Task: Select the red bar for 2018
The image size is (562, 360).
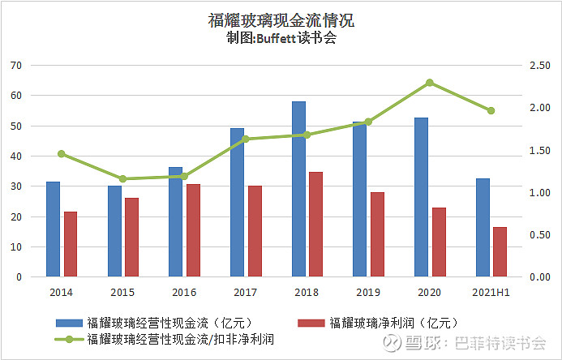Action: coord(316,225)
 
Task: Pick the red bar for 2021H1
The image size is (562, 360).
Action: coord(500,252)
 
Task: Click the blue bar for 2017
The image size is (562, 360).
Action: coord(237,203)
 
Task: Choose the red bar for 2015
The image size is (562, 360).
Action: coord(131,238)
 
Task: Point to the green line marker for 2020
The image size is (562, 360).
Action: coord(430,83)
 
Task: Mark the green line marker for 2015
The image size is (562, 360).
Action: coord(122,178)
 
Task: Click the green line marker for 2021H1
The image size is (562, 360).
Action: coord(491,110)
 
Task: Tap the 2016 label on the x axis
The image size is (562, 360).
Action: coord(184,292)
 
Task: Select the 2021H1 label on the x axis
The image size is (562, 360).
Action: coord(491,292)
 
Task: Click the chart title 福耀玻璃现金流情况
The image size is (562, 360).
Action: coord(281,20)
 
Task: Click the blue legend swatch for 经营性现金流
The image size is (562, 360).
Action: coord(68,324)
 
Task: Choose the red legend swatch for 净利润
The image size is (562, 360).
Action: coord(311,324)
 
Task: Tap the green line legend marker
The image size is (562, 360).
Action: coord(68,340)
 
